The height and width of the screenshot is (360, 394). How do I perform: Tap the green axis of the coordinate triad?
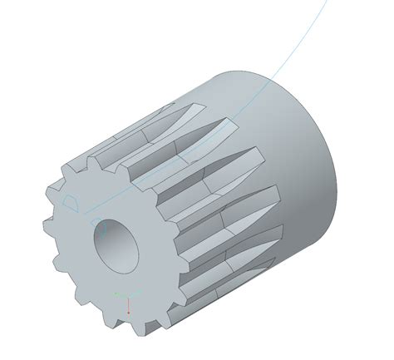[121, 294]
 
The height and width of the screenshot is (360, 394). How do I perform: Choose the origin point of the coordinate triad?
[129, 295]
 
